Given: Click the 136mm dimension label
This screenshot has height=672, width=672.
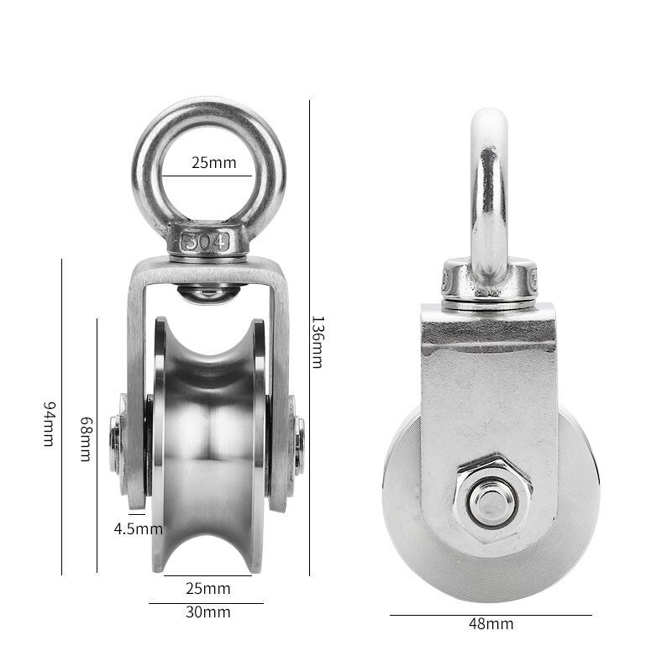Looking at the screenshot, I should pyautogui.click(x=317, y=341).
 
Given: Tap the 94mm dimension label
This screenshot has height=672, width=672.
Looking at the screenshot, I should pyautogui.click(x=49, y=423).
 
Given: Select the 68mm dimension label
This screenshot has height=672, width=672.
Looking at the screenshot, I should pyautogui.click(x=85, y=438).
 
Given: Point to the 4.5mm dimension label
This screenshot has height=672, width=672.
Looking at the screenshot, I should pyautogui.click(x=138, y=529).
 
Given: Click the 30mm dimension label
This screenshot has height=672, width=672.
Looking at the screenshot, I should pyautogui.click(x=208, y=612).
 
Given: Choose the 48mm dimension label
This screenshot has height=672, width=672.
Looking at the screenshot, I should pyautogui.click(x=491, y=624).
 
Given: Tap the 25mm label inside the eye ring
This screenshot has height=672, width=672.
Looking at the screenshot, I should pyautogui.click(x=213, y=162).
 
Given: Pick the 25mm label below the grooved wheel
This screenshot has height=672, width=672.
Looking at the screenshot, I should pyautogui.click(x=208, y=588).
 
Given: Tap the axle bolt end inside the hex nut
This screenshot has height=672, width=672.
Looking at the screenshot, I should pyautogui.click(x=489, y=501).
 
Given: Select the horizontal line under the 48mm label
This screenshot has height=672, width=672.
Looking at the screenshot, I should pyautogui.click(x=491, y=614).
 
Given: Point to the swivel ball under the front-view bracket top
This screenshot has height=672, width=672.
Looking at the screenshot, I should pyautogui.click(x=209, y=293).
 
